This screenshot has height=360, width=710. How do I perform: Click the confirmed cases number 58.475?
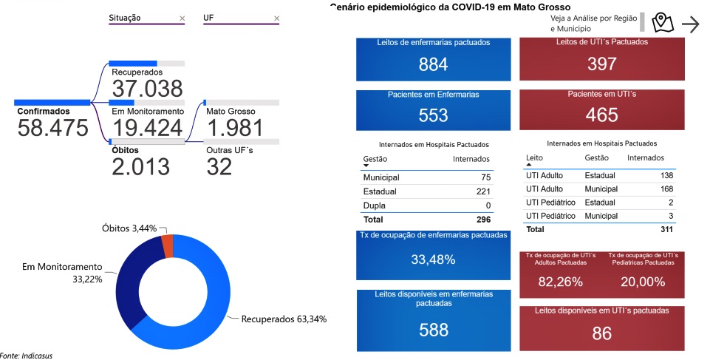[x=52, y=128]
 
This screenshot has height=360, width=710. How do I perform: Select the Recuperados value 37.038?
[x=147, y=89]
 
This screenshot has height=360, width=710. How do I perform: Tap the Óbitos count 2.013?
[x=140, y=166]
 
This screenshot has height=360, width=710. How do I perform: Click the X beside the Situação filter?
[x=182, y=18]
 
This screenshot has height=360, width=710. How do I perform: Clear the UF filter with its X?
[x=277, y=18]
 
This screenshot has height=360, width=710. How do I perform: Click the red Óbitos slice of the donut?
[x=167, y=245]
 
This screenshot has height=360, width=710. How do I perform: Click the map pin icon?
[x=662, y=24]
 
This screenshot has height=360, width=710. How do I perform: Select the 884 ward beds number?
[x=433, y=64]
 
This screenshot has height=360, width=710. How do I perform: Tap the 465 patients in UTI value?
[x=601, y=115]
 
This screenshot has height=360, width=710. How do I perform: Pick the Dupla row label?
[x=374, y=206]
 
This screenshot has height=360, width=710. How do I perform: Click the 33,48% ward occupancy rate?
[x=433, y=259]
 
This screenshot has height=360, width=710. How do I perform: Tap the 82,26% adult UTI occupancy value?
[x=560, y=282]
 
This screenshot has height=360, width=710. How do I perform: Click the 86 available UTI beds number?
[x=601, y=333]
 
